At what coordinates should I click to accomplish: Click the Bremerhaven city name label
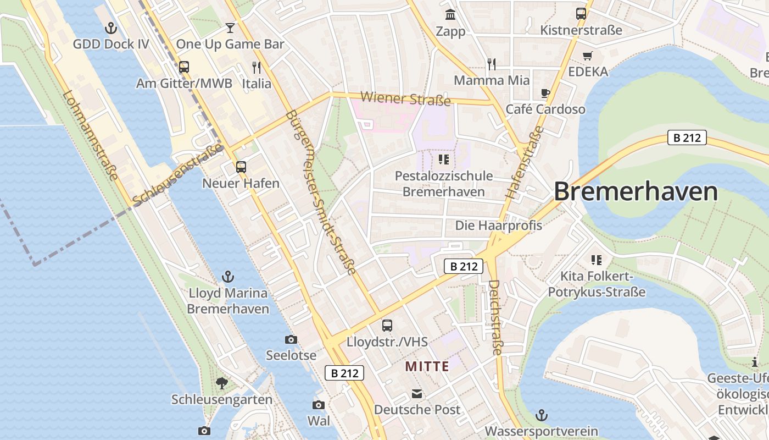636,192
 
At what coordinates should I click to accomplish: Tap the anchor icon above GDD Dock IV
112,28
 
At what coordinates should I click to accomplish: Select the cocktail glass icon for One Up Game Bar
230,28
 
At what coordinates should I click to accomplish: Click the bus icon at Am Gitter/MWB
184,67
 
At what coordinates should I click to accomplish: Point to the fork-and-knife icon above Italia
257,67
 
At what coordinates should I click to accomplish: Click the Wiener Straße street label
405,99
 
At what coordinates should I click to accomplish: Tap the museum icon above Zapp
450,14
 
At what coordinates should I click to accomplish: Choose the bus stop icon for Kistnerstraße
581,14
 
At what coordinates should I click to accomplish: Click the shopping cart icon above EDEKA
588,56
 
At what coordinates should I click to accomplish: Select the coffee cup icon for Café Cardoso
545,93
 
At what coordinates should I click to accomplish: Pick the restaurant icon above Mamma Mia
492,64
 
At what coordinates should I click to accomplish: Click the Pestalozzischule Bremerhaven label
444,184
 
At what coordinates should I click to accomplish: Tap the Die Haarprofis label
499,226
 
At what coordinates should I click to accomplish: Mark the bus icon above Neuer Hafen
241,167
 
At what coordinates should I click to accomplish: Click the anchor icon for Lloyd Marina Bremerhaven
228,277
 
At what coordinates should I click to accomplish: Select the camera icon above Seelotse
291,339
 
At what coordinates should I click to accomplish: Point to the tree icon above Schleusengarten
222,383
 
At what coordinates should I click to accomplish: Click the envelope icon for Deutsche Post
417,394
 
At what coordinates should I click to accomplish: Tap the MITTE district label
427,366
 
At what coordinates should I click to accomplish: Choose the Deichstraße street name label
495,317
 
